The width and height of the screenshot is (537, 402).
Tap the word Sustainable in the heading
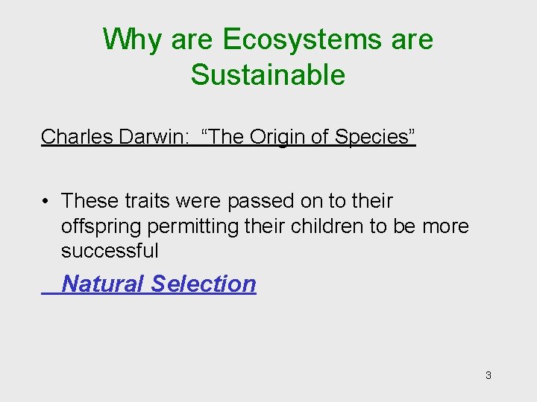tap(268, 75)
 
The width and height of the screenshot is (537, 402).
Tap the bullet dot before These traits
tap(46, 202)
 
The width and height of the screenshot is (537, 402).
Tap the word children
tap(327, 226)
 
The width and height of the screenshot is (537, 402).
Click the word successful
tap(110, 251)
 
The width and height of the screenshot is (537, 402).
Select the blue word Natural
tap(103, 284)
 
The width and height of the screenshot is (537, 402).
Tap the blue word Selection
tap(203, 284)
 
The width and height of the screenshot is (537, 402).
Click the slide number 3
tap(488, 375)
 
